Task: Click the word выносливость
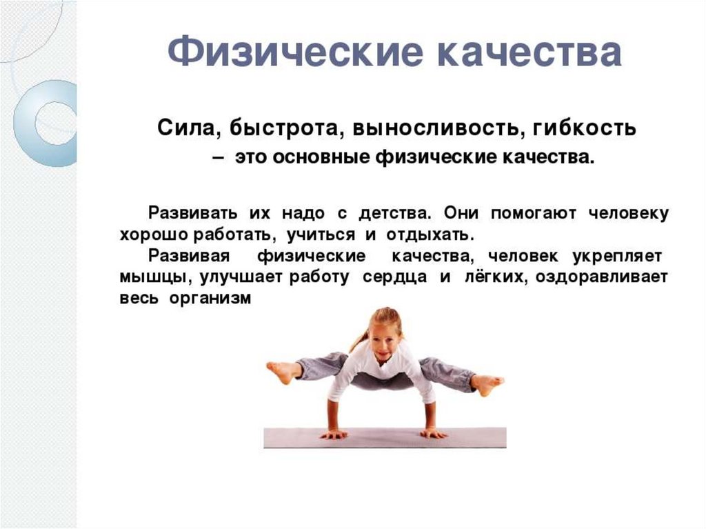436,129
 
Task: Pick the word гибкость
585,128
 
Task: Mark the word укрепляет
616,257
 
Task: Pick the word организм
210,299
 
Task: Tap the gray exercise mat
385,437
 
